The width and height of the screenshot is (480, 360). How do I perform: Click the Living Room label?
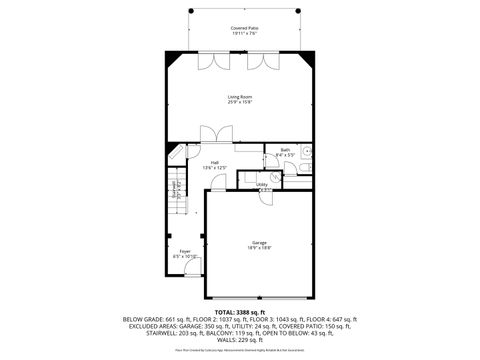tap(239, 96)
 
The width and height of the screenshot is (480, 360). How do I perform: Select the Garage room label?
tap(259, 242)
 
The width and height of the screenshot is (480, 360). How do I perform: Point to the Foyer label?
tap(184, 251)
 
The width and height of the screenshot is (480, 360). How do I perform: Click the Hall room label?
tap(214, 162)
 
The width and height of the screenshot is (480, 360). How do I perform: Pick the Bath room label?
tap(284, 150)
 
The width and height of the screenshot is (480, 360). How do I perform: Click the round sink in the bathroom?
tap(308, 151)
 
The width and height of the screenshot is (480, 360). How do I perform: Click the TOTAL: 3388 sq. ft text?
tap(239, 311)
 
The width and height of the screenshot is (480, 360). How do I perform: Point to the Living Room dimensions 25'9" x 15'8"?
tap(239, 102)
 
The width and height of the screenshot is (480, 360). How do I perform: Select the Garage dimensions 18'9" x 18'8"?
tap(259, 248)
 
